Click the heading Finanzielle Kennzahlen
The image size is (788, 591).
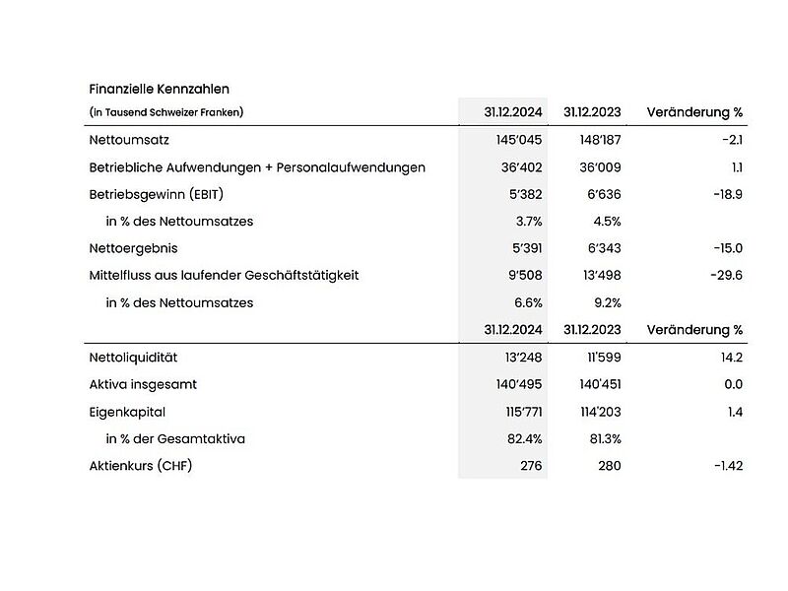(x=159, y=89)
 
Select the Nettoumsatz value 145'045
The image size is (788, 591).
(x=519, y=141)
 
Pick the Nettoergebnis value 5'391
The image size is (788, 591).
(x=522, y=248)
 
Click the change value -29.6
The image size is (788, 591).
(x=725, y=275)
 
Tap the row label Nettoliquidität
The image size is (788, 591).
(x=133, y=358)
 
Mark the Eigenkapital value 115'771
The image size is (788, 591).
(x=520, y=412)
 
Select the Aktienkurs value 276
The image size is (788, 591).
(x=531, y=465)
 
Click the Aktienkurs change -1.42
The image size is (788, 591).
(x=727, y=465)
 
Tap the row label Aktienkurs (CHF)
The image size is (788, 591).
(x=140, y=465)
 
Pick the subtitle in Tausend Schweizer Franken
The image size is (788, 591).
(x=165, y=112)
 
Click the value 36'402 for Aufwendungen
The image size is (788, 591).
(x=522, y=167)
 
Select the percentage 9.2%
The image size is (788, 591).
(x=605, y=302)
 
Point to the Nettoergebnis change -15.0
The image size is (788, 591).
(x=725, y=248)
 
